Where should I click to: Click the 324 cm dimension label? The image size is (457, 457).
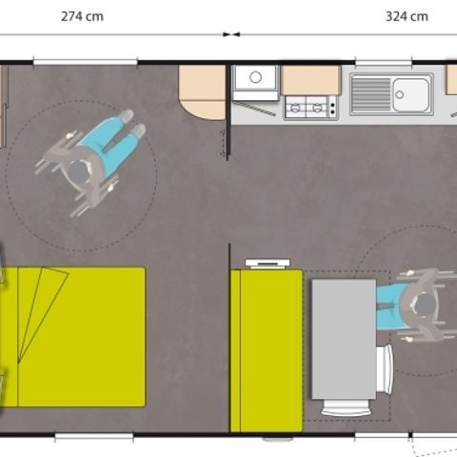407,16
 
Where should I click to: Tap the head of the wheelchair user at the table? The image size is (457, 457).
422,306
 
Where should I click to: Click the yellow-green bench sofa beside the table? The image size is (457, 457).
255,350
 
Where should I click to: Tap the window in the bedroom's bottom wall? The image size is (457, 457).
93,437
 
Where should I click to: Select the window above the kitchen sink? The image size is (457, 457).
383,64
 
